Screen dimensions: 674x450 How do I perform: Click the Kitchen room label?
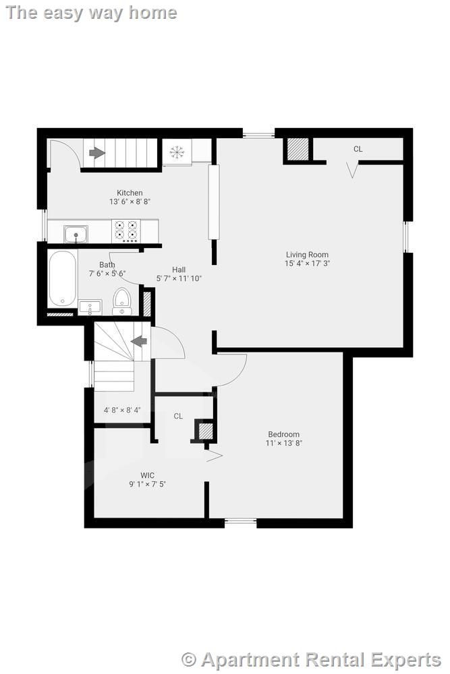point(130,193)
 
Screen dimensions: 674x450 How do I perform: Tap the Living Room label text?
point(306,255)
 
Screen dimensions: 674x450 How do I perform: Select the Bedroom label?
point(283,434)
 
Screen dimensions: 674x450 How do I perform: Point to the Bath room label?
point(107,265)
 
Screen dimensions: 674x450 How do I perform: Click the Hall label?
point(179,270)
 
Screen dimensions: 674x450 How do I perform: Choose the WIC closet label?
point(147,475)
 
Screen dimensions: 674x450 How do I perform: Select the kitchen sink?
point(76,234)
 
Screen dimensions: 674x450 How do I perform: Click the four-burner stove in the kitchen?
point(125,232)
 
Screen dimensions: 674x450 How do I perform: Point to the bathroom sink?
point(90,308)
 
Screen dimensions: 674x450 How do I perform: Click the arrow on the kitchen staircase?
point(97,153)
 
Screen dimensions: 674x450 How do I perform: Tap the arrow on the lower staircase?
point(139,341)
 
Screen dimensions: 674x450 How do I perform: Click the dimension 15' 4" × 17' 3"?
point(306,264)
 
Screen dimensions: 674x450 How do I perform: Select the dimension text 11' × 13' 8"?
point(283,443)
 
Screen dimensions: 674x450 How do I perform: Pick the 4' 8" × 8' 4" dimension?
point(122,410)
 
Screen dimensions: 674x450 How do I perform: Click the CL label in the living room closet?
point(358,149)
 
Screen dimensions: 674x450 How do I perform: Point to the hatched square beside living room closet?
point(298,150)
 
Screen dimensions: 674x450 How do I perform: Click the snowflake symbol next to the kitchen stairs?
point(177,152)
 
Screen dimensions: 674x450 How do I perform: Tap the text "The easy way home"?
point(90,12)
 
